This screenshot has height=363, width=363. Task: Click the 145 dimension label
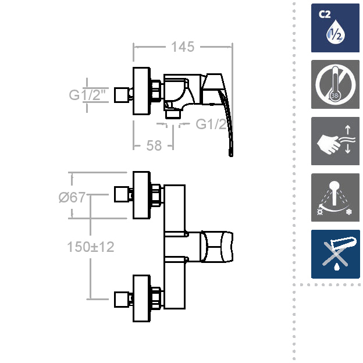click(x=183, y=47)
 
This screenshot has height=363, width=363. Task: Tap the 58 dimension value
click(x=154, y=145)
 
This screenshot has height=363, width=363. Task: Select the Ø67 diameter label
click(x=72, y=197)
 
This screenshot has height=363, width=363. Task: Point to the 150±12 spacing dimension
click(x=91, y=247)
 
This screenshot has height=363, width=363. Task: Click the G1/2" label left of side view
click(x=87, y=95)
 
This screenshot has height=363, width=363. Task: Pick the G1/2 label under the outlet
click(x=211, y=124)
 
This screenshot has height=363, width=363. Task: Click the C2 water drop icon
click(x=335, y=28)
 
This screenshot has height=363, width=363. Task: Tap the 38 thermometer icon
click(x=335, y=84)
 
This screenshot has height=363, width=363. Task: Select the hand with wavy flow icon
click(x=335, y=141)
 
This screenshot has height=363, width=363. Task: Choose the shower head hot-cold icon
click(x=335, y=197)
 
